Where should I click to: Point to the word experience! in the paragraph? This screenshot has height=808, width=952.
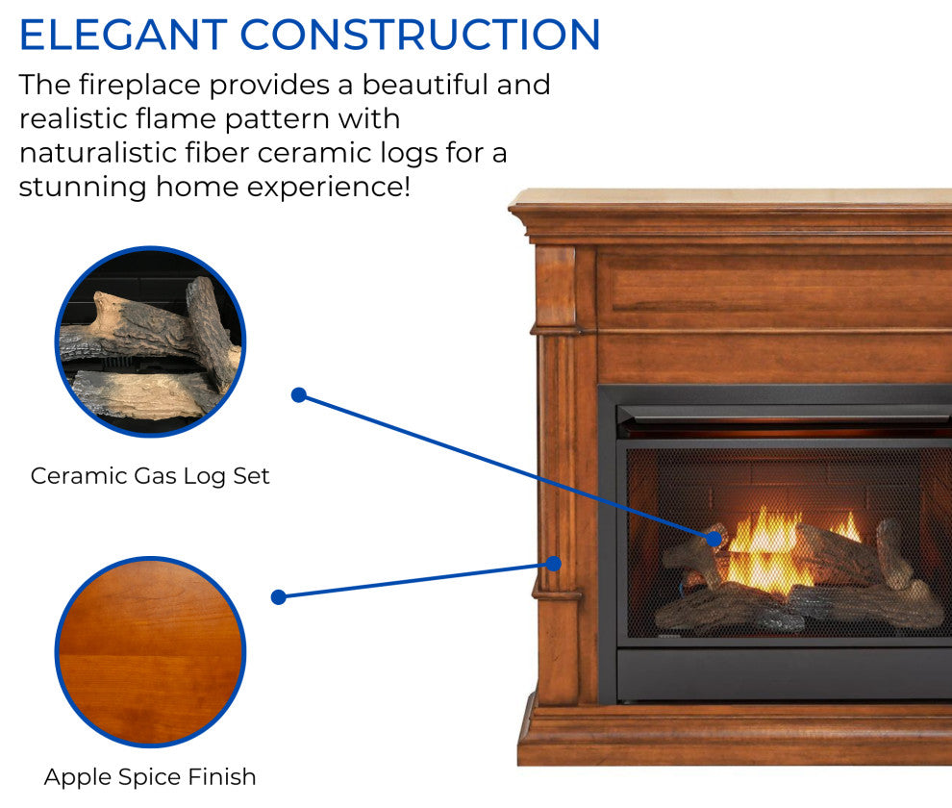pos(329,188)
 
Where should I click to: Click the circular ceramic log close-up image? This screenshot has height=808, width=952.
pos(151,341)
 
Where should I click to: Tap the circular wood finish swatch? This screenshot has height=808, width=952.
pos(151,652)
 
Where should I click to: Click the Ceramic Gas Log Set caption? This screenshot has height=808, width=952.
pos(150,476)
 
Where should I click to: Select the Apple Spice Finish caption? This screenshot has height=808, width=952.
pos(150,777)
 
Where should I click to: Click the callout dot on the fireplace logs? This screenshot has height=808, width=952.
pos(714,539)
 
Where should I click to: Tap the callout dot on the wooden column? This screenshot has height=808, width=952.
pos(553,564)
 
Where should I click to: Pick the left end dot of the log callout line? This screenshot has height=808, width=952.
pos(299,395)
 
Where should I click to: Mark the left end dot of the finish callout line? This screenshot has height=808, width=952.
pos(279,597)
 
